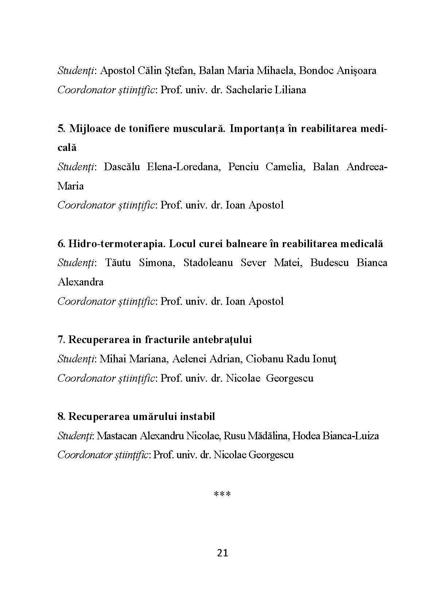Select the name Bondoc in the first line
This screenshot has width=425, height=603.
314,71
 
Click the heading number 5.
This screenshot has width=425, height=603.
61,129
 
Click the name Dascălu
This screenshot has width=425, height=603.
122,167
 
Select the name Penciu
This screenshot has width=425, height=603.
243,167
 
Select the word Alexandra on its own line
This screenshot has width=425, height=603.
81,282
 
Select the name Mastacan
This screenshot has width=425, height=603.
117,436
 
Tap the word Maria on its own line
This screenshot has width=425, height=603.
71,186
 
